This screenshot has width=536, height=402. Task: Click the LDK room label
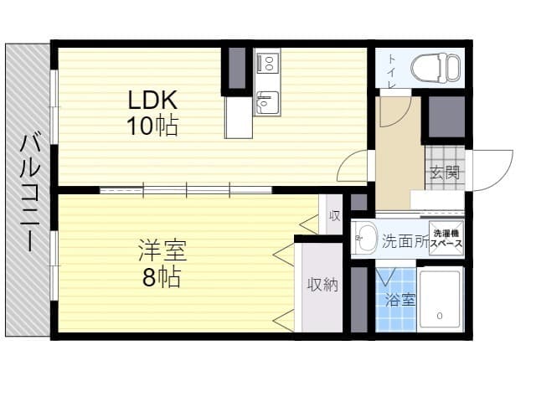point(152,100)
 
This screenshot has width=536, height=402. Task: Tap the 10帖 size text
point(152,126)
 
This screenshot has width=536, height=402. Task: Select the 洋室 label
point(162,250)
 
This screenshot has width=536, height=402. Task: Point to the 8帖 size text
point(162,277)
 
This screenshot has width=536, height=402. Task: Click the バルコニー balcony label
point(30,193)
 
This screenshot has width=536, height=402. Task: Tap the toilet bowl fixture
point(435,68)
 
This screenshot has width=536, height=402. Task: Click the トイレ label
point(391,72)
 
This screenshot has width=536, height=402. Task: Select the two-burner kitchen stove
point(267,63)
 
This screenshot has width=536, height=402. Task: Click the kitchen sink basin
point(267,102)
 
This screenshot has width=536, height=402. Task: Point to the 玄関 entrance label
point(444,173)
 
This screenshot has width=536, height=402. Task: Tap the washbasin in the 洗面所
point(364,237)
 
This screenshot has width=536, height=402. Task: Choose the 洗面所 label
point(405,242)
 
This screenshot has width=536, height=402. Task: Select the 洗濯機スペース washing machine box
point(446,238)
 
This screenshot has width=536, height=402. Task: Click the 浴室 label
point(400,300)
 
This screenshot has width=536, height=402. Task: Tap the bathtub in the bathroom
point(440,300)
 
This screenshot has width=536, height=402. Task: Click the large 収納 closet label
point(322,285)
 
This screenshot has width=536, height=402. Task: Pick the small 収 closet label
point(334,216)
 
